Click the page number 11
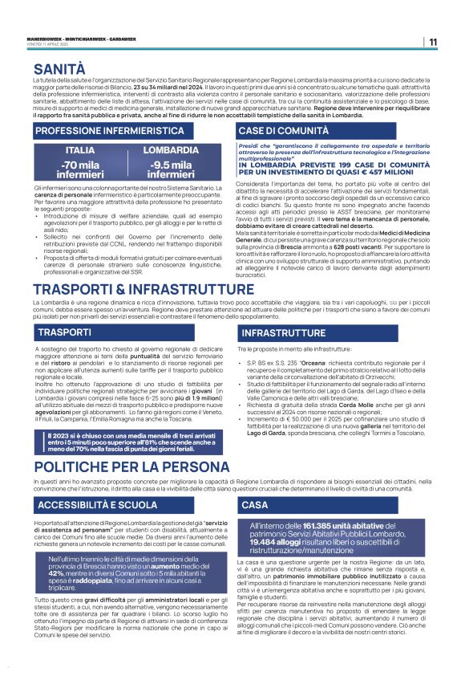pos(433,42)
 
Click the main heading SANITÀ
pos(59,70)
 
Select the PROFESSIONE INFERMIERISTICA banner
pos(110,130)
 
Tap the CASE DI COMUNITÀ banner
pos(284,130)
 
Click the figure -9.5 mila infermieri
pos(171,169)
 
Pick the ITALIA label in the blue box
pos(80,150)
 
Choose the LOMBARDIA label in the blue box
pos(171,150)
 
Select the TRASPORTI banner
pos(65,332)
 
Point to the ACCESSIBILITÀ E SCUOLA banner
pos(98,504)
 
